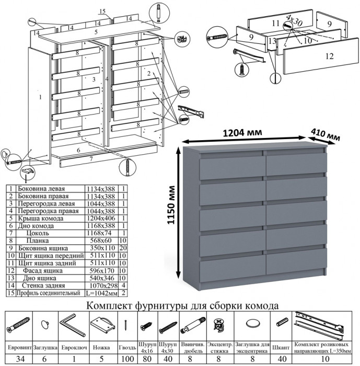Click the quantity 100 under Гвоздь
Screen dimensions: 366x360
(127, 358)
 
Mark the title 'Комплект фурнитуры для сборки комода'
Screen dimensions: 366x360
(180, 305)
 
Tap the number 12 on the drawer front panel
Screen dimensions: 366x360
(328, 56)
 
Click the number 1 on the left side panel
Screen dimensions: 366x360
(40, 97)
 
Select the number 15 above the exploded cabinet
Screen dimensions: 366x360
(102, 12)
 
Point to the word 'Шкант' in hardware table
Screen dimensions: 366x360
(282, 347)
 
